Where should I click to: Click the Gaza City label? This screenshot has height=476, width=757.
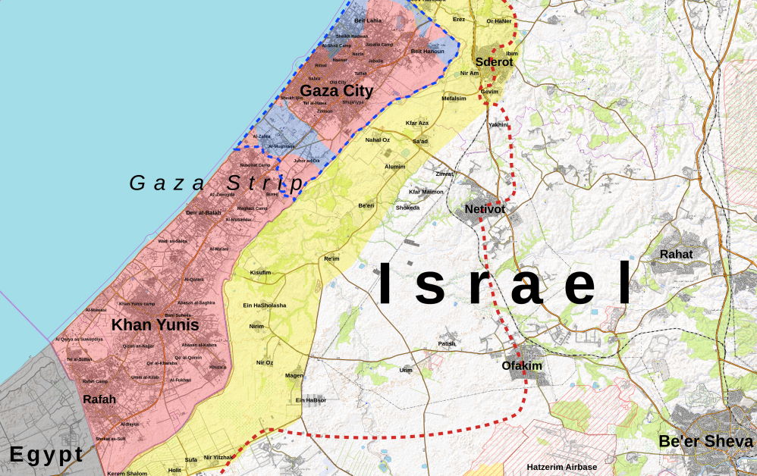[x=336, y=92]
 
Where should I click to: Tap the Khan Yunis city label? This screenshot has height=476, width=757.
[x=155, y=325]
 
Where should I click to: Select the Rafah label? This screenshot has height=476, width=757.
[x=99, y=399]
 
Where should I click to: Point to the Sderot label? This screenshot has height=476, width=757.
[x=494, y=62]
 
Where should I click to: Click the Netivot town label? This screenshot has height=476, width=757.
[x=485, y=208]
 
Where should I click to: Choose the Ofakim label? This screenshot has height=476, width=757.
[x=522, y=365]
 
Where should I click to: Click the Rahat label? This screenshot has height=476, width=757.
[x=676, y=254]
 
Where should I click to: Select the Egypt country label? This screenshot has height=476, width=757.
[x=46, y=455]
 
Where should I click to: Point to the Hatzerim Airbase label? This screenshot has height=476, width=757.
[x=562, y=467]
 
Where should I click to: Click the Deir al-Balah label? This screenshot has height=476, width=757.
[x=203, y=213]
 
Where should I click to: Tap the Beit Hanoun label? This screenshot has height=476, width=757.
[x=426, y=51]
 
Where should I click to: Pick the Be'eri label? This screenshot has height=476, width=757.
[x=366, y=205]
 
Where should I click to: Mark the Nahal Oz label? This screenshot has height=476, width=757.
[x=377, y=139]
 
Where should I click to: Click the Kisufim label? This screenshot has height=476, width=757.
[x=260, y=272]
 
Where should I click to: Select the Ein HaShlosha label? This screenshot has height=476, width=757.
[x=264, y=305]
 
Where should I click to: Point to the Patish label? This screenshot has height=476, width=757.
[x=448, y=343]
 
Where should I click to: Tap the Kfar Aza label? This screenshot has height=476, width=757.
[x=417, y=123]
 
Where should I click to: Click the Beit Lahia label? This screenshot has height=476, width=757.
[x=369, y=20]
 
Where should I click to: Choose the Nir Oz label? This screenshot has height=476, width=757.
[x=265, y=363]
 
